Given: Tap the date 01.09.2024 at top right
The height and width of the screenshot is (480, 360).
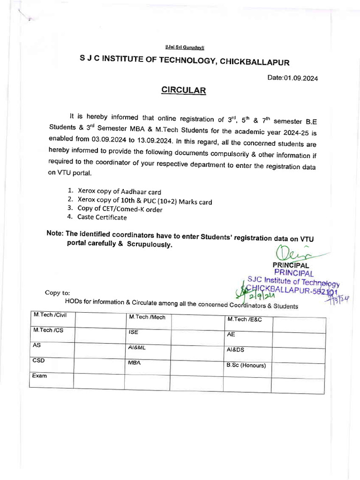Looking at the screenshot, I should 292,78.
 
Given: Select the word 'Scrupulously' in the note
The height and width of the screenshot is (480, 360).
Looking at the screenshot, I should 149,245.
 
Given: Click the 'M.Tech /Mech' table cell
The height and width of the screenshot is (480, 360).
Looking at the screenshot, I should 147,317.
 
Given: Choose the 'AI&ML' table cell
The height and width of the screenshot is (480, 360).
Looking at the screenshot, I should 137,348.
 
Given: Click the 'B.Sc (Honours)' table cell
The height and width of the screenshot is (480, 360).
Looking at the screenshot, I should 246,366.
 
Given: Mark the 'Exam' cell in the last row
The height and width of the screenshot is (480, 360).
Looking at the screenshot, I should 39,376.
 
